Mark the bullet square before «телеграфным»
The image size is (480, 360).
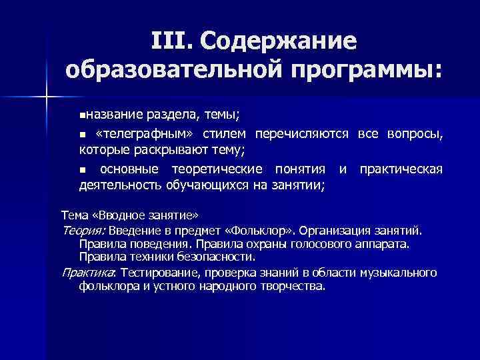click(83, 135)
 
